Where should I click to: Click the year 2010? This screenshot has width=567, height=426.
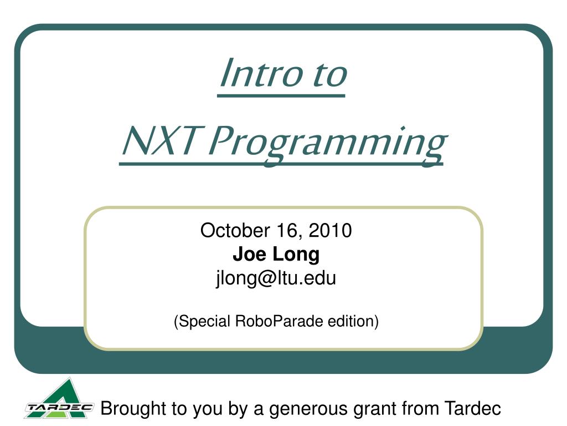[x=331, y=230]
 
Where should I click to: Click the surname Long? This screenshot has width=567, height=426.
[x=296, y=254]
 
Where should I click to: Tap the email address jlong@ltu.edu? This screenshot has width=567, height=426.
[x=276, y=278]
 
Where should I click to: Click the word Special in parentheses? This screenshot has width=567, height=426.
[x=203, y=321]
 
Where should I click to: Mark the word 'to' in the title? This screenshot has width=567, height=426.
[x=329, y=74]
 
